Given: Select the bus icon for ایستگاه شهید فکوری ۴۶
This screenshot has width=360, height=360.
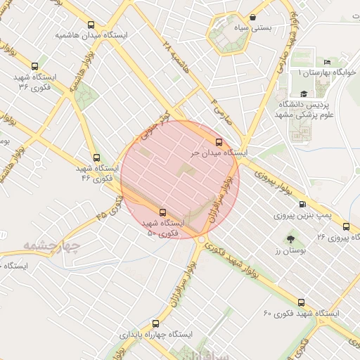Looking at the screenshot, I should (x=96, y=157).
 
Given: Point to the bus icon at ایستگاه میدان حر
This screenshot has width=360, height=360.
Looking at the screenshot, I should (x=219, y=141).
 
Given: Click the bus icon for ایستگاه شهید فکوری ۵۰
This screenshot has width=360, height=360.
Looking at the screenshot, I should (x=163, y=211).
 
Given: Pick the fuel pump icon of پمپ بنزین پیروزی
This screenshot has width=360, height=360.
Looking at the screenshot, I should (x=302, y=205).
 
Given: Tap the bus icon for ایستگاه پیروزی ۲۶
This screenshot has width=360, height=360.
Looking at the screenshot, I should (x=346, y=226).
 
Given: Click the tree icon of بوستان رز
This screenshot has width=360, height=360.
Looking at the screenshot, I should (x=290, y=239).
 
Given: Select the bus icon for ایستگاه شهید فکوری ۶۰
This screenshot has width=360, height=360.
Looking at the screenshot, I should (x=302, y=301).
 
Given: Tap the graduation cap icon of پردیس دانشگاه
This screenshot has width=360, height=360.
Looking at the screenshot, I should (x=303, y=94).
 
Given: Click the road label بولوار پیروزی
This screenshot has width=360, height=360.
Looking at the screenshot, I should (x=266, y=179).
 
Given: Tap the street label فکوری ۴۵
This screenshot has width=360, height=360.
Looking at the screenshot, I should (x=111, y=205).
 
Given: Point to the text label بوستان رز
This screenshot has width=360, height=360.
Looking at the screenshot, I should (x=288, y=251).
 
